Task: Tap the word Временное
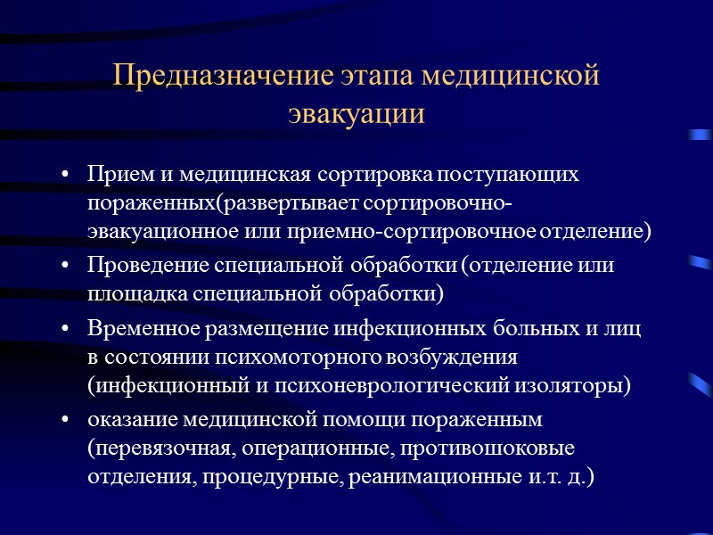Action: point(142,328)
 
